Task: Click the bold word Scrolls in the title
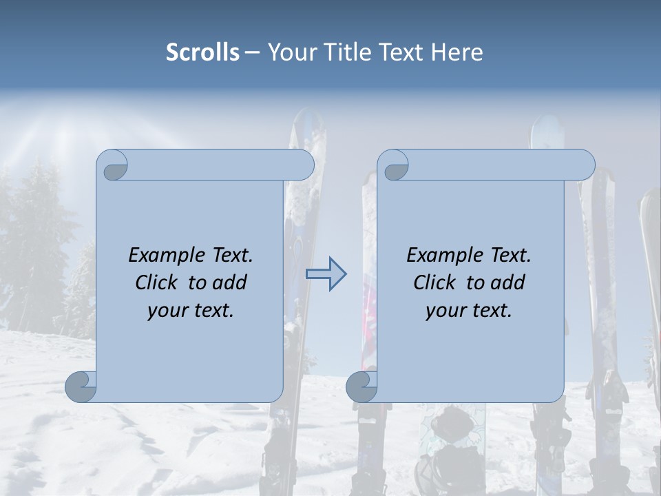click(x=202, y=52)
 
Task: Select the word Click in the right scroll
click(x=435, y=282)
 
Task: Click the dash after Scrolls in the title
click(x=252, y=53)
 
